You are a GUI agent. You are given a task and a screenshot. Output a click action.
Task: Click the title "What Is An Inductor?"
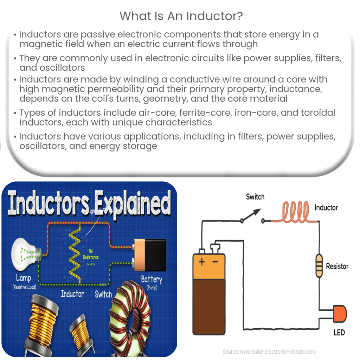pos(180,16)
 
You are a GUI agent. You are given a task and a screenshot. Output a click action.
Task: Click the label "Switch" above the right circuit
pos(255,197)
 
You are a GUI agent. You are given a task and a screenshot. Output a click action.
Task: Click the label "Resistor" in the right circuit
pos(337,266)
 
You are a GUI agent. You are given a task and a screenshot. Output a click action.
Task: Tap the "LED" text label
pos(339,332)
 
